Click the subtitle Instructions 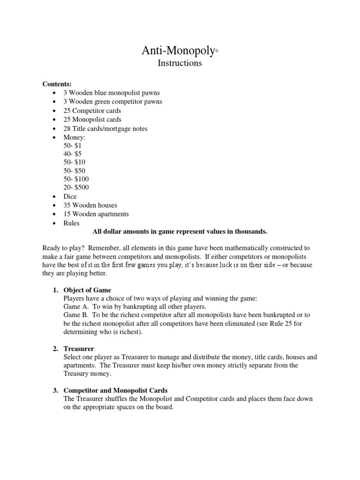180,63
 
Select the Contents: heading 57,84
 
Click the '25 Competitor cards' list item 92,111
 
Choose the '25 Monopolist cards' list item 92,120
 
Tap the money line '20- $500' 76,187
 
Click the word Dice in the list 70,196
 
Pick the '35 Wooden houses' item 90,205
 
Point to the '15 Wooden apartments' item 96,214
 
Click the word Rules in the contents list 72,223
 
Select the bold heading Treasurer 79,349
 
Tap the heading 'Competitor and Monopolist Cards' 115,390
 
